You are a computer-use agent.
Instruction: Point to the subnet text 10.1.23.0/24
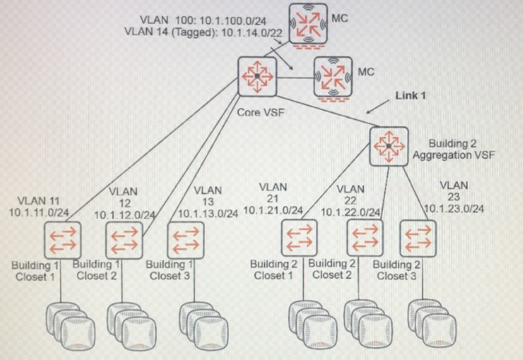click(454, 208)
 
